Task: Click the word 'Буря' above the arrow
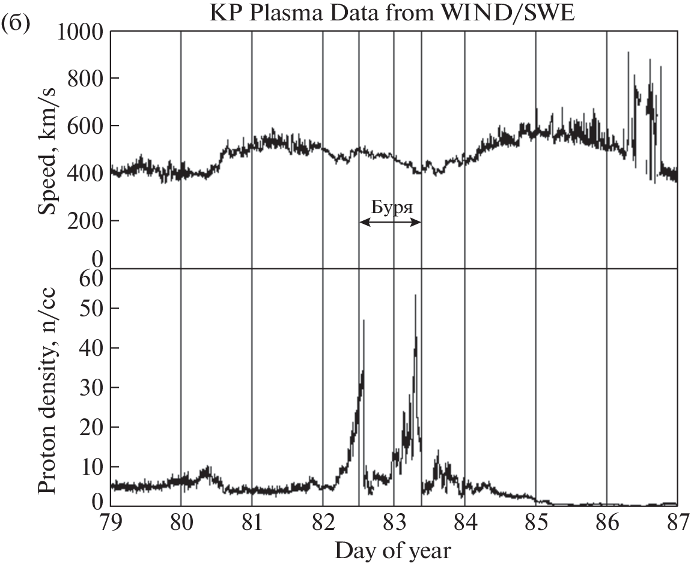pyautogui.click(x=391, y=207)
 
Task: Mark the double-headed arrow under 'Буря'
pyautogui.click(x=391, y=221)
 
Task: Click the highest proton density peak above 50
pyautogui.click(x=415, y=296)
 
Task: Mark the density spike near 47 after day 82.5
pyautogui.click(x=364, y=322)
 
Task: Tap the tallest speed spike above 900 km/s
pyautogui.click(x=628, y=53)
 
